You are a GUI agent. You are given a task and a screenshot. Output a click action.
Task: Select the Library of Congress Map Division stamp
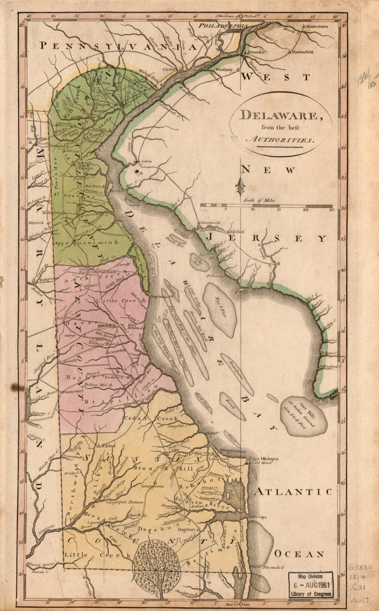click(x=311, y=584)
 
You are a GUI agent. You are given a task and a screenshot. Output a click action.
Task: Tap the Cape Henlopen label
click(x=264, y=459)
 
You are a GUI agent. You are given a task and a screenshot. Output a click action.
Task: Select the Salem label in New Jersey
click(x=146, y=161)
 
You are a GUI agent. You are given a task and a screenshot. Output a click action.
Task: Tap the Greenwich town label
click(x=210, y=223)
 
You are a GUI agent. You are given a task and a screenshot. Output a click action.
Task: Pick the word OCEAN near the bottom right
click(x=299, y=554)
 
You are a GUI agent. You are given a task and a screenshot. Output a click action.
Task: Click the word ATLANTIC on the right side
click(x=294, y=492)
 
